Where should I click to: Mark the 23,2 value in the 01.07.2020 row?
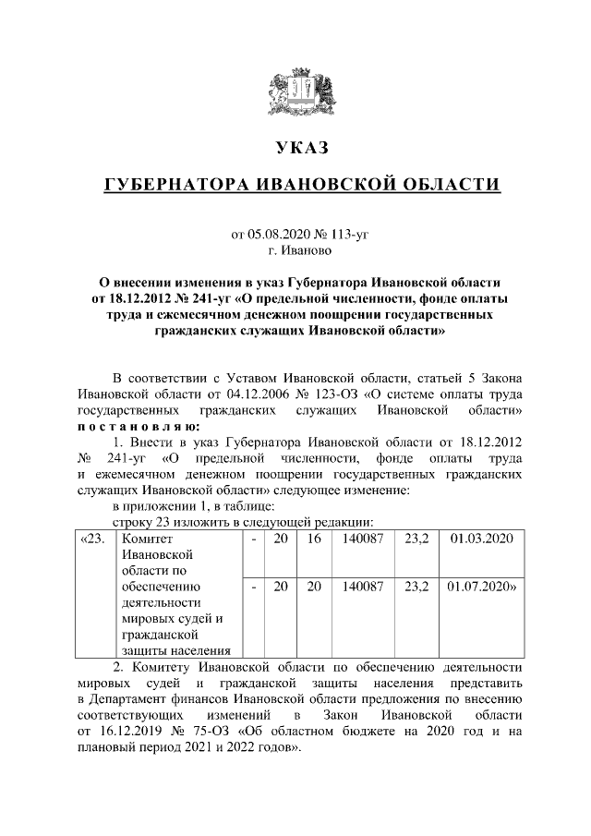click(416, 586)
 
